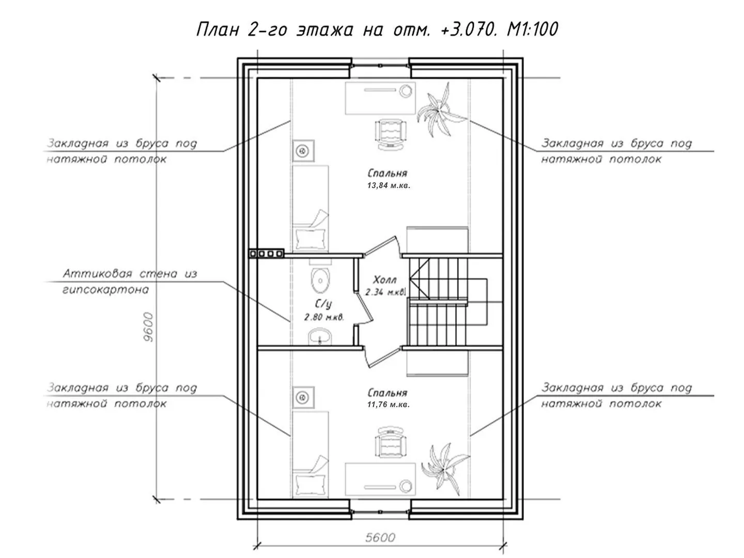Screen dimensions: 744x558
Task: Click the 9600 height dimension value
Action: pyautogui.click(x=148, y=327)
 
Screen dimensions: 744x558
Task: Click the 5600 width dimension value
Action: pyautogui.click(x=380, y=537)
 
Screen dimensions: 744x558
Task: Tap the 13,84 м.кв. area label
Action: pyautogui.click(x=389, y=185)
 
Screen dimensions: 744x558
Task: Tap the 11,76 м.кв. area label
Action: pyautogui.click(x=389, y=405)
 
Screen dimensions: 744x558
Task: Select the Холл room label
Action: pyautogui.click(x=384, y=280)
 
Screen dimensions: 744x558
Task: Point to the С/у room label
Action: pyautogui.click(x=323, y=304)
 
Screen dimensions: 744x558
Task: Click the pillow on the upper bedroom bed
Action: pyautogui.click(x=311, y=239)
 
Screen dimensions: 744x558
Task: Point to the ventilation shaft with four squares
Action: pyautogui.click(x=267, y=253)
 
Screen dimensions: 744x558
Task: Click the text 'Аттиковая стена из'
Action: pyautogui.click(x=130, y=274)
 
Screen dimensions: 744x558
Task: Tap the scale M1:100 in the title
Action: pyautogui.click(x=532, y=29)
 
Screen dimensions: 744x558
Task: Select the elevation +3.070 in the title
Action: pyautogui.click(x=469, y=29)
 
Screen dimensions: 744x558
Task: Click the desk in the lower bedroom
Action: pyautogui.click(x=380, y=479)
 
